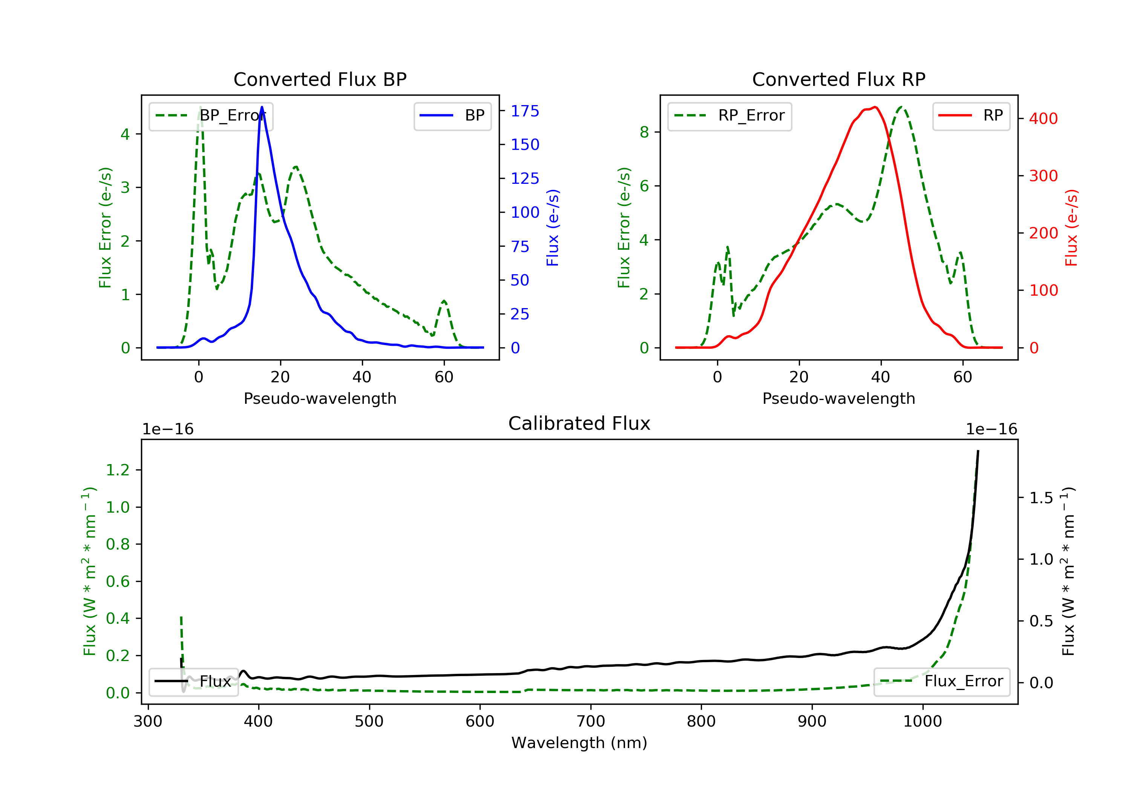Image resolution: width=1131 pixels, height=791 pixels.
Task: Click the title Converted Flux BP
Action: click(x=320, y=79)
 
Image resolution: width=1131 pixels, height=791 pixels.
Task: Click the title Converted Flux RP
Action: click(x=839, y=79)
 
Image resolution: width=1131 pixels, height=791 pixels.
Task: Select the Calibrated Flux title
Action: click(x=579, y=423)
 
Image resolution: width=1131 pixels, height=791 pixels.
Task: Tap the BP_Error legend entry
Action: click(x=211, y=116)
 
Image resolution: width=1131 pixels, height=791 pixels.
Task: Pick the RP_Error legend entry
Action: click(x=729, y=116)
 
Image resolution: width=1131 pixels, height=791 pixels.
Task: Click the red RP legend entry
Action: click(x=971, y=116)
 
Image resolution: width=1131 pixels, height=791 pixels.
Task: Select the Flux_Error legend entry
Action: click(x=942, y=681)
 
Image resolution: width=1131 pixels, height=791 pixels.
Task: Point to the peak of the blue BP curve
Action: click(x=262, y=107)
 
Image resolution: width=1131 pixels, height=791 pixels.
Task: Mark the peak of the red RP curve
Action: click(x=875, y=107)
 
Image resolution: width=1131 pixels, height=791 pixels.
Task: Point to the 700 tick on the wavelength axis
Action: click(x=591, y=721)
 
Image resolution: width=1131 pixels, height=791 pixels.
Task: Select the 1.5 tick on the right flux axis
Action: click(x=1041, y=498)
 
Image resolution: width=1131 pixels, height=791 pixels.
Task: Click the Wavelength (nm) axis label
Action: click(x=579, y=743)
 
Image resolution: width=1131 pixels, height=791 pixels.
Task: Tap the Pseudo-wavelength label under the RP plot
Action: click(x=839, y=398)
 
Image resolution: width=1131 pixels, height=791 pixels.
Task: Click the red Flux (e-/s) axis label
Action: click(x=1071, y=228)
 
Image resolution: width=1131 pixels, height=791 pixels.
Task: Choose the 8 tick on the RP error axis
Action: click(x=644, y=132)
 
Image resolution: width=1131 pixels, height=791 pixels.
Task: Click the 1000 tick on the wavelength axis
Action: click(x=923, y=721)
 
